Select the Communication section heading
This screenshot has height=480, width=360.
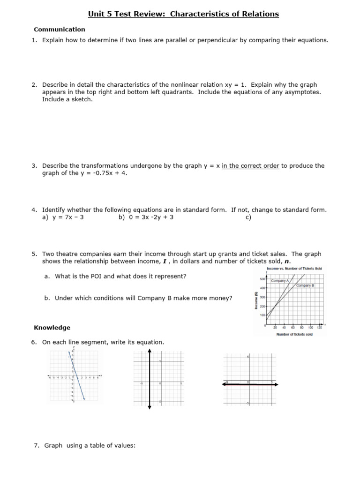60,29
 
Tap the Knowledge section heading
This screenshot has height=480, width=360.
52,328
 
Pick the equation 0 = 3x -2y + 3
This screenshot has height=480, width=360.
146,217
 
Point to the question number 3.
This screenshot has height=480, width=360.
34,166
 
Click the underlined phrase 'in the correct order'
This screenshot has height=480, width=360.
250,166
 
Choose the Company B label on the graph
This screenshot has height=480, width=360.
305,285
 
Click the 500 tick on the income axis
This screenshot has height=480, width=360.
262,279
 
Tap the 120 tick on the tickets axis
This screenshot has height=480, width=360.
319,328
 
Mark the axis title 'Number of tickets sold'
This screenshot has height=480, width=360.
294,334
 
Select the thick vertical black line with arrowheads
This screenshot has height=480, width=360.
149,380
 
